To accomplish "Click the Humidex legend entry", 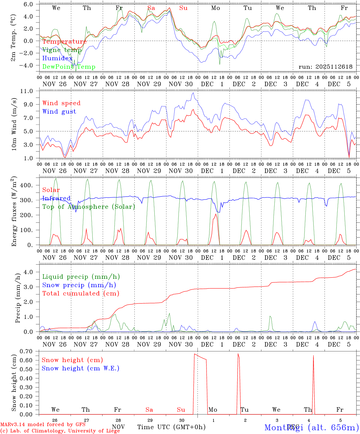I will point(57,58).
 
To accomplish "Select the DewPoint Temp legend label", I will point(69,67).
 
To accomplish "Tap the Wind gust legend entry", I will point(59,112).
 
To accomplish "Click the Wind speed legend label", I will point(61,103).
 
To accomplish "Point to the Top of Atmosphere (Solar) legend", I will point(88,207).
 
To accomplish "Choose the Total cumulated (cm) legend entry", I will point(81,293).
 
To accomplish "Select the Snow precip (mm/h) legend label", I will point(79,285).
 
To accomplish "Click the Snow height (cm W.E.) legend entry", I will point(80,368).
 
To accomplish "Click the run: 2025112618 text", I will point(325,67).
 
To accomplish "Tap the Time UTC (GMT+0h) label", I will point(171,427).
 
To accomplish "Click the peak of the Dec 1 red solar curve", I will point(216,214).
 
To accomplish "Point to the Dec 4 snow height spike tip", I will point(313,356).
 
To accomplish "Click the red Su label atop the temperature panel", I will point(183,8).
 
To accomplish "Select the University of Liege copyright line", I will point(60,431).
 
